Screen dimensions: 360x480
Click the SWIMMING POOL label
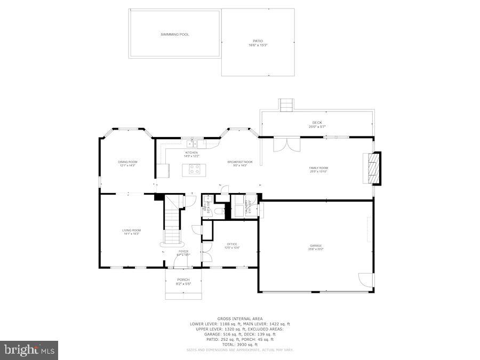click(x=175, y=34)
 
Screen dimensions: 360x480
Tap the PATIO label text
click(x=258, y=41)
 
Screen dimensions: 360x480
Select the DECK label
click(x=317, y=123)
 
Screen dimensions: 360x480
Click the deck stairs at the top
click(x=286, y=105)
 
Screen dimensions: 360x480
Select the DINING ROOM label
click(x=127, y=162)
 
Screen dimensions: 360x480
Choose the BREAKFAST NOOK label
click(x=240, y=162)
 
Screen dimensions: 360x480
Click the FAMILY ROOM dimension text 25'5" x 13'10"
click(x=318, y=172)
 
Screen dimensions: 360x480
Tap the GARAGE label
click(x=316, y=245)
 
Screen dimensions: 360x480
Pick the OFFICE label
click(x=232, y=244)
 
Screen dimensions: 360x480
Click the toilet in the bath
click(x=220, y=211)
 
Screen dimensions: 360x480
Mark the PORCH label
click(x=183, y=279)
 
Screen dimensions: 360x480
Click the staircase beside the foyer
click(x=172, y=220)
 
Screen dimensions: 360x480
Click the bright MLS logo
click(x=30, y=350)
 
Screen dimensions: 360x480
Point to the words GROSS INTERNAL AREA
click(x=240, y=318)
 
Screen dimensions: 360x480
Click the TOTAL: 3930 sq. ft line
click(x=240, y=345)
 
